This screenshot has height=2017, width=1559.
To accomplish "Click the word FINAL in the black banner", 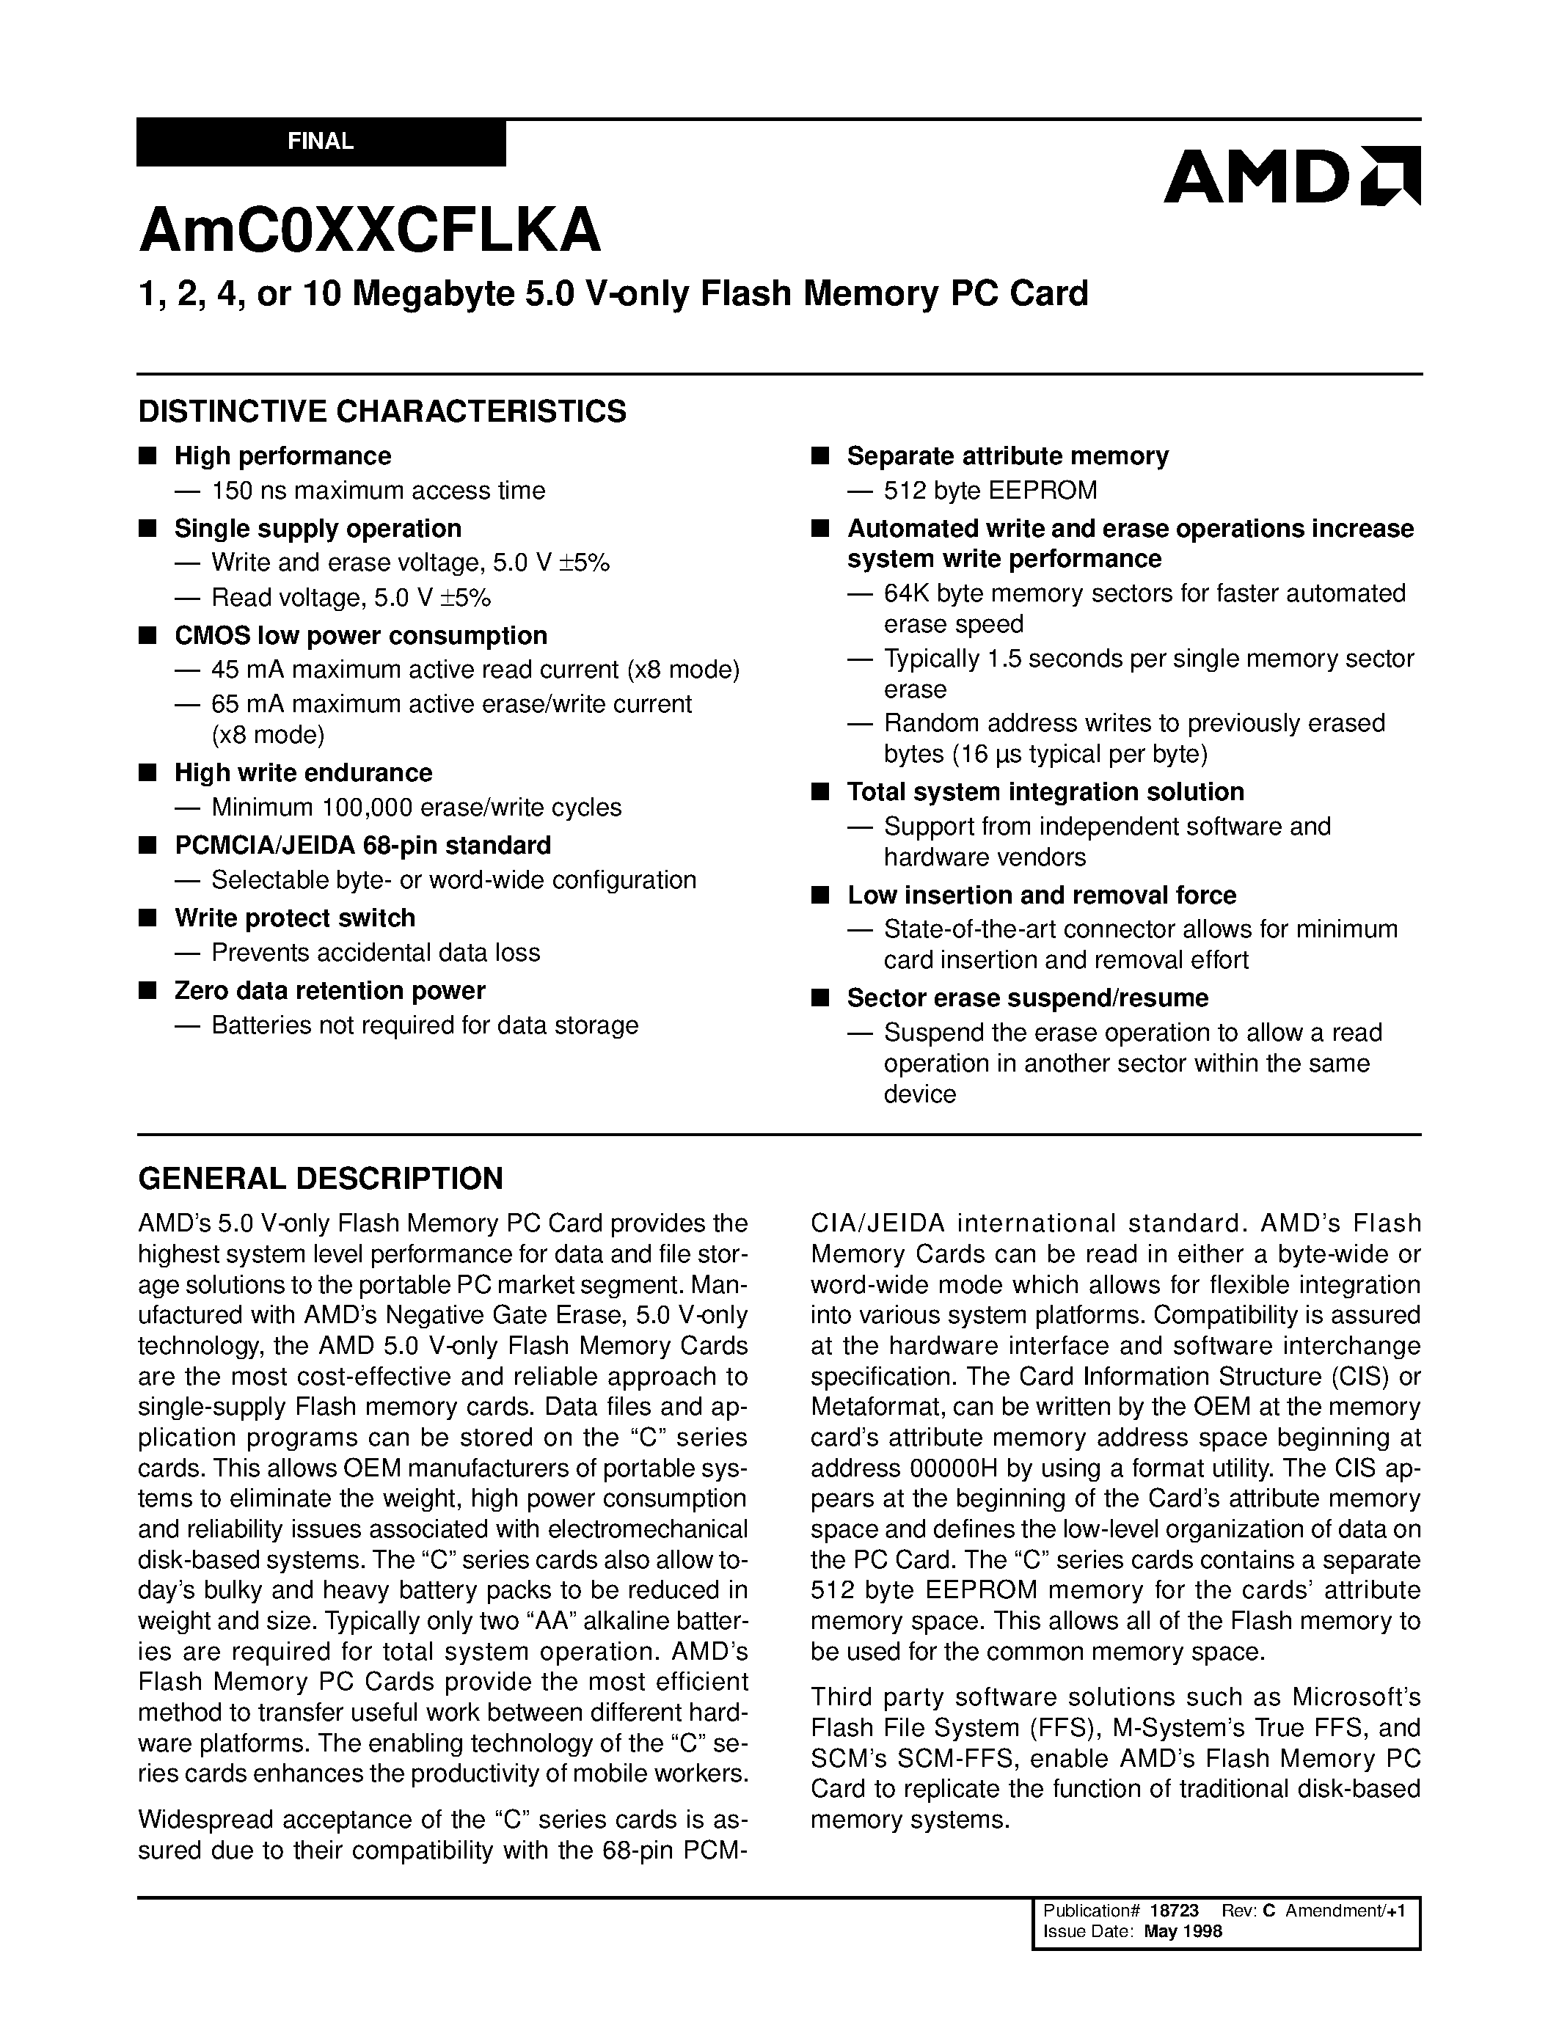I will [321, 142].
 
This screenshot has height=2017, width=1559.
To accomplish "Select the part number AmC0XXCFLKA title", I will [370, 230].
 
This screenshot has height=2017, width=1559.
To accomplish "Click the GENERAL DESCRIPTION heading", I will [321, 1179].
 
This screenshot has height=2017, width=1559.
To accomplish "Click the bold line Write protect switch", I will [295, 918].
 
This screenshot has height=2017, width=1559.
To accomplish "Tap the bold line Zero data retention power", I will [329, 990].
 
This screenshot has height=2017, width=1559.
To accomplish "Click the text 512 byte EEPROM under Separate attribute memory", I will [990, 491].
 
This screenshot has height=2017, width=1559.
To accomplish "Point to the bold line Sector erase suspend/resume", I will [1027, 998].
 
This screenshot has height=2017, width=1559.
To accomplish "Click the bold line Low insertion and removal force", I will [1041, 895].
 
